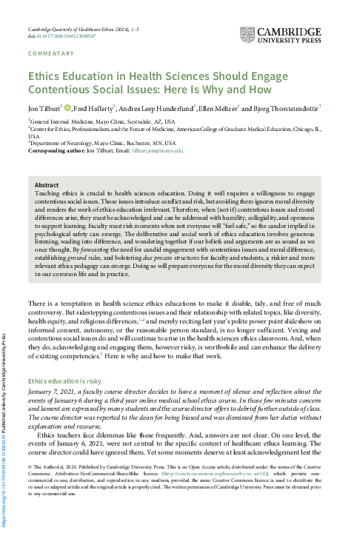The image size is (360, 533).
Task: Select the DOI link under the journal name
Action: pyautogui.click(x=67, y=36)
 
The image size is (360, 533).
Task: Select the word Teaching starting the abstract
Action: pyautogui.click(x=49, y=192)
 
